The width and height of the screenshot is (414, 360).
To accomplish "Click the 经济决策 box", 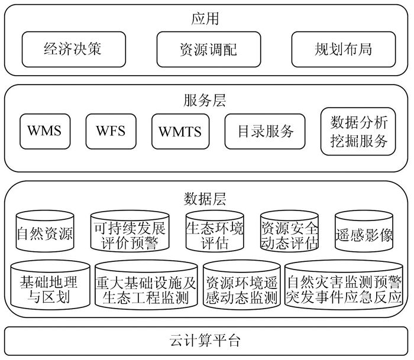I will pos(73,49).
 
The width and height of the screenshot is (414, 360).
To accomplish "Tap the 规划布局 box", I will pos(343,49).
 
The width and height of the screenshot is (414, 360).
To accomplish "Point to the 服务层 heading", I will pos(205,100).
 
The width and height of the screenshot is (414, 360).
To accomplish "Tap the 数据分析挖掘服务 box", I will pos(358,131).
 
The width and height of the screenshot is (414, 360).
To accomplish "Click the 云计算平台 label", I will pos(205,341).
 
